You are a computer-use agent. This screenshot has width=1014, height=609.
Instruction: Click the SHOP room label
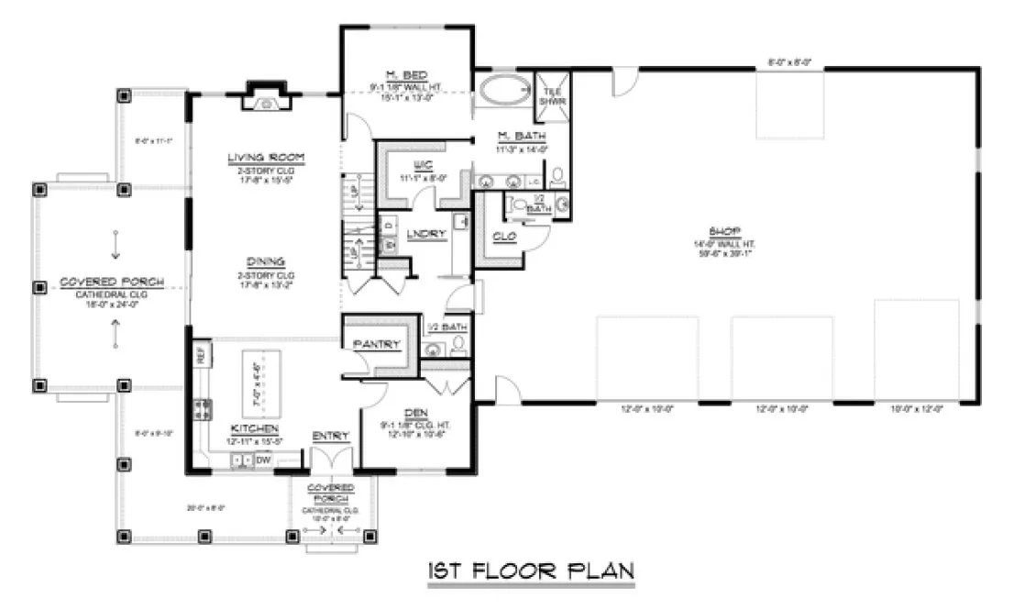point(730,230)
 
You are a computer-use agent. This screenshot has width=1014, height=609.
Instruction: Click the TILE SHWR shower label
point(552,96)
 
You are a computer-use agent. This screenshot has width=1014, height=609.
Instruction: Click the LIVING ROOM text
point(266,158)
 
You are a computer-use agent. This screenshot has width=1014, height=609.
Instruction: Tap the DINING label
point(266,260)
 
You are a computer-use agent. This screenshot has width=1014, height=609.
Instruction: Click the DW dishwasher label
point(263,460)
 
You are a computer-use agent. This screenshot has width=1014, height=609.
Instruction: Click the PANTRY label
point(377,344)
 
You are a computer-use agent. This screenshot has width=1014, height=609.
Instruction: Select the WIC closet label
point(423,165)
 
